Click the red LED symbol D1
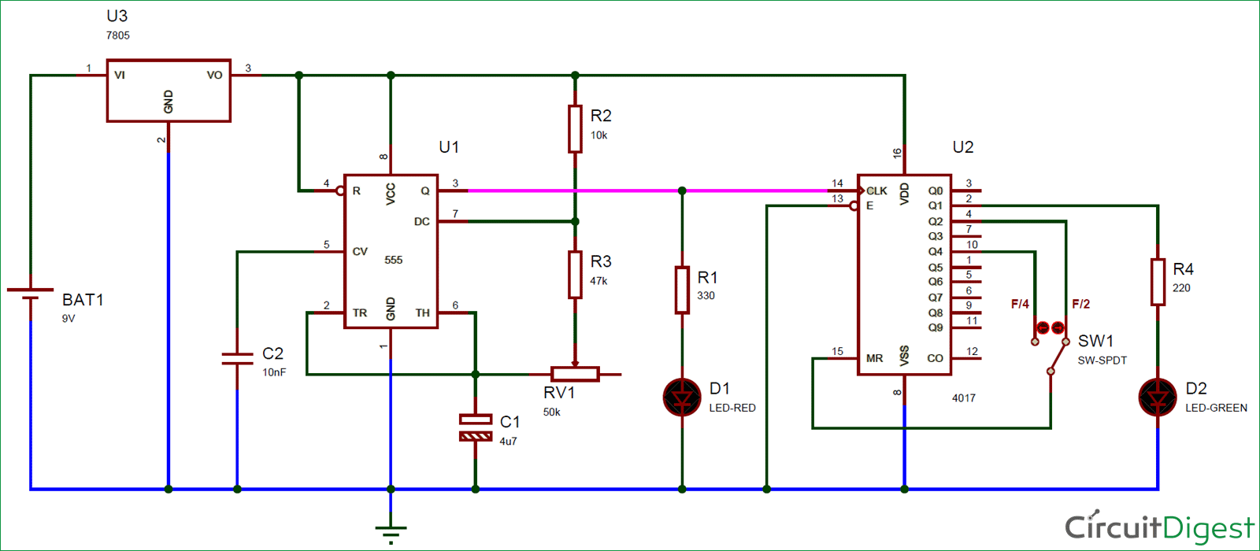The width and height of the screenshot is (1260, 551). pos(682,398)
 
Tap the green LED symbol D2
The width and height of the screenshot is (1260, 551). pos(1158,398)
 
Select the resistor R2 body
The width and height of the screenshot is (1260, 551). pos(574,129)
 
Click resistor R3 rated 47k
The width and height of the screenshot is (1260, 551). pos(574,275)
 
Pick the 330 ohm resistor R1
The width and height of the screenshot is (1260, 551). pos(682,290)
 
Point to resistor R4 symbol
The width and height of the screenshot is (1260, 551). pos(1158,283)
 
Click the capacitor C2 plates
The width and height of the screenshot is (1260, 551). pos(237,359)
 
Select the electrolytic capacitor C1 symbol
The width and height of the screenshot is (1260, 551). pos(476,427)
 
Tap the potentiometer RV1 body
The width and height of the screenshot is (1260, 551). pos(575,374)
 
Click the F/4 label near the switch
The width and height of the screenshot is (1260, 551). pos(1020,304)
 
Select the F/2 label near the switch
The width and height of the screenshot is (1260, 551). pos(1080,304)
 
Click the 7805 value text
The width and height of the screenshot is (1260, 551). pos(117,35)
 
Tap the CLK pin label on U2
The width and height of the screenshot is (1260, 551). pos(877,190)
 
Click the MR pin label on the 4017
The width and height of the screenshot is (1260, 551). pos(874,358)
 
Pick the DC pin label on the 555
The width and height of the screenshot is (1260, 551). pos(422,221)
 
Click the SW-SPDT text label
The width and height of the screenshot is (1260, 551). pos(1102,361)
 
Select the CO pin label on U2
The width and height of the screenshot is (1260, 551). pos(935,358)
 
